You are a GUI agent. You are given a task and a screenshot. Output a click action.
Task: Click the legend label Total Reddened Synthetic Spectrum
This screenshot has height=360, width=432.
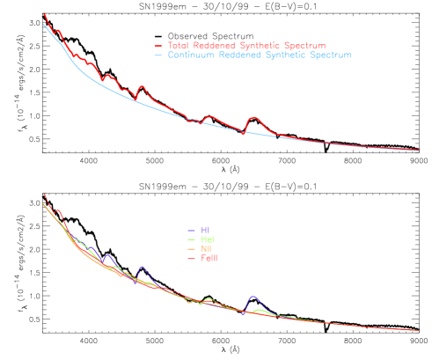point(246,46)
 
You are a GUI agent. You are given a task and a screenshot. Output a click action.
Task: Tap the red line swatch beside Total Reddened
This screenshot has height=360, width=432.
point(157,46)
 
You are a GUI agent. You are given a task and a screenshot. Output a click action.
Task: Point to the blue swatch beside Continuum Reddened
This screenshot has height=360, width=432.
point(157,55)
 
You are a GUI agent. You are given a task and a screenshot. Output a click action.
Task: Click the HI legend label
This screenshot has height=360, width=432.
point(204,231)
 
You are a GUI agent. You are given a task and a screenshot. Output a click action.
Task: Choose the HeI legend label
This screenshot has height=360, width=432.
point(207,239)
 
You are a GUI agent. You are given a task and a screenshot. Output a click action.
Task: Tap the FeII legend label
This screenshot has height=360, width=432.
point(209,259)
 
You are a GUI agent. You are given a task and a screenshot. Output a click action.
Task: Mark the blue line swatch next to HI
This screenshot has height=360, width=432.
point(191,231)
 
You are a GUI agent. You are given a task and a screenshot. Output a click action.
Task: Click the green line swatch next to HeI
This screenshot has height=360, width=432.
point(191,239)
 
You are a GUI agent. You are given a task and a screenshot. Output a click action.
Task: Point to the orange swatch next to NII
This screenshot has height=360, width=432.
point(191,249)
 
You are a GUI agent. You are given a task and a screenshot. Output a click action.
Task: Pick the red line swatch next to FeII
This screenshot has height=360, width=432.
point(191,259)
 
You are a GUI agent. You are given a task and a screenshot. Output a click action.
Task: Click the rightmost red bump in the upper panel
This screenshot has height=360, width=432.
point(255,117)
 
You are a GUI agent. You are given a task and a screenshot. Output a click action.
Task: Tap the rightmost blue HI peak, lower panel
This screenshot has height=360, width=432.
point(253,298)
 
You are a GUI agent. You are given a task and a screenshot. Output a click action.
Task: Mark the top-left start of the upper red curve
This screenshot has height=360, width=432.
point(45,14)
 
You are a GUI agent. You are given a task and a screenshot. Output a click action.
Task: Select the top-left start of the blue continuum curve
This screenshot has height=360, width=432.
point(44,24)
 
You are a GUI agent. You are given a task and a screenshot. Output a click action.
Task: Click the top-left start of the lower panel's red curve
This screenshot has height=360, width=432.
point(45,195)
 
